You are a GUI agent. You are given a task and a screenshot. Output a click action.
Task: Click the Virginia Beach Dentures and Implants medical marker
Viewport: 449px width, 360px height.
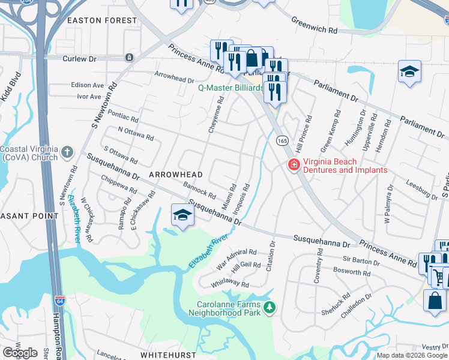click(x=294, y=164)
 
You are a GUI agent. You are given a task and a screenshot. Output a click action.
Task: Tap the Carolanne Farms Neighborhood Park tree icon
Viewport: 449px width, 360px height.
click(x=270, y=308)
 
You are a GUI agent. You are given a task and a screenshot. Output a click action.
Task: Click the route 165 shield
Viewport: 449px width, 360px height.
click(x=281, y=140)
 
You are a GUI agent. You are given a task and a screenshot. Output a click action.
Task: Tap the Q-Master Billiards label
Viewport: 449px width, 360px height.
click(x=231, y=88)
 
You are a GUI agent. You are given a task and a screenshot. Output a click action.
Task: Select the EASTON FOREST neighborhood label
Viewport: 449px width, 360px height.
click(x=102, y=20)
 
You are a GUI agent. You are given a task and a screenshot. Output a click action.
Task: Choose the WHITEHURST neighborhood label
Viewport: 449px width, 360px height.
click(x=170, y=355)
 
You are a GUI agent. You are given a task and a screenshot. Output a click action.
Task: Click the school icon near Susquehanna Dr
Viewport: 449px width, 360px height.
click(x=182, y=215)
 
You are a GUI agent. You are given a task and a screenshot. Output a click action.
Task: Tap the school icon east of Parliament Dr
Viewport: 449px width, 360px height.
click(x=409, y=72)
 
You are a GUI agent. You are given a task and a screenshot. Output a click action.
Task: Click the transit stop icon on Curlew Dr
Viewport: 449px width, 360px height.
click(x=129, y=58)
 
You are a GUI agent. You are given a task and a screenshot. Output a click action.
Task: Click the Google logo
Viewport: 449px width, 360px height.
click(x=20, y=353)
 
